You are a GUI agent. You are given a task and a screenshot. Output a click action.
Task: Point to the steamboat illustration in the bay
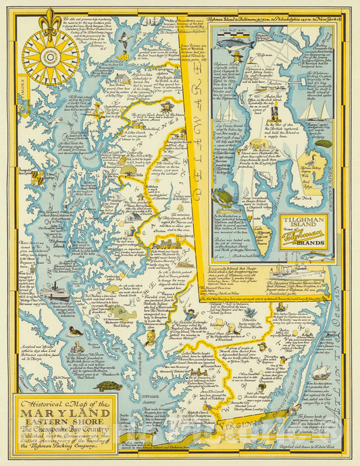(53, 291)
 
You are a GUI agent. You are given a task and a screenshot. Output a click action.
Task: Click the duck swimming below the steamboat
(75, 331)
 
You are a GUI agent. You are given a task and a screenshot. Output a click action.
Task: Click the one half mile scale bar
(232, 35)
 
